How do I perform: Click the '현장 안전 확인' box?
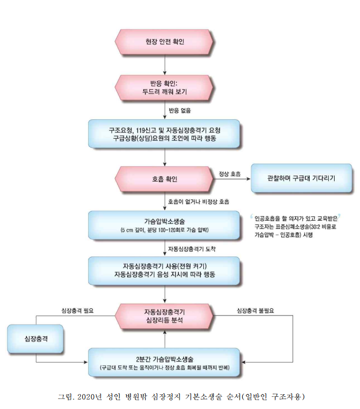165,42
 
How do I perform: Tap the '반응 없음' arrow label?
179,111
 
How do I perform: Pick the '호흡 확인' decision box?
165,179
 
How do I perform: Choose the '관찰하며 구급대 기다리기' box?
301,179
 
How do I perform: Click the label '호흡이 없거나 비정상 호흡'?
198,202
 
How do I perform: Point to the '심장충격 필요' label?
77,310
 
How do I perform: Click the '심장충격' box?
35,339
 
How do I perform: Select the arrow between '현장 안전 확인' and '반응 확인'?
165,64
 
